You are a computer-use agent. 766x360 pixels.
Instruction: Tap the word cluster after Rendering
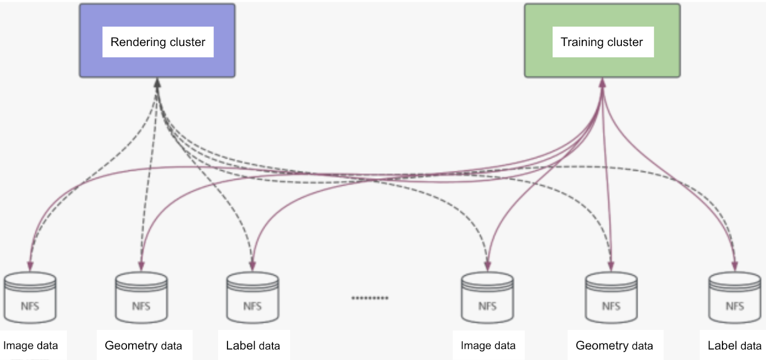tap(187, 42)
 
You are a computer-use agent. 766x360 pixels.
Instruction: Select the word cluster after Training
tap(625, 42)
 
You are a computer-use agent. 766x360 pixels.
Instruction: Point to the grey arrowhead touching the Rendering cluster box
tap(157, 83)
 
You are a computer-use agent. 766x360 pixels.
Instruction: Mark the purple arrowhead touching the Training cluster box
tap(602, 83)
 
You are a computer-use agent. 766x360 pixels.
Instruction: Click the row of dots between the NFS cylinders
tap(370, 298)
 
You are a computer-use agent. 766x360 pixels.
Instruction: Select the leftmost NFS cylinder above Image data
tap(30, 298)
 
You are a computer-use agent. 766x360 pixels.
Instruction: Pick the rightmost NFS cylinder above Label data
tap(734, 298)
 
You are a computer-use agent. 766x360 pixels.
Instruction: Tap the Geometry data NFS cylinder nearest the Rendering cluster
tap(141, 298)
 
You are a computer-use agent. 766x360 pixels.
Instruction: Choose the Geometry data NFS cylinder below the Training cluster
tap(611, 298)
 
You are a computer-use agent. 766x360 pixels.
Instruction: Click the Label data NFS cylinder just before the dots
tap(252, 298)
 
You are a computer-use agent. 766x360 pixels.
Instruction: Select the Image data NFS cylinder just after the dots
tap(487, 298)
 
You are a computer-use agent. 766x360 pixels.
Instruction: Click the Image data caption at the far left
tap(31, 346)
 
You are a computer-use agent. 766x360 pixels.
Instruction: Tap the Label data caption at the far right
tap(734, 346)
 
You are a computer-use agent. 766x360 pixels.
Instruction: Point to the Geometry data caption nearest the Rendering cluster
tap(143, 346)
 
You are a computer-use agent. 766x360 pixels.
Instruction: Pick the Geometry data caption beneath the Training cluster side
tap(614, 346)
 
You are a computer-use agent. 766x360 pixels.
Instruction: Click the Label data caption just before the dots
tap(253, 346)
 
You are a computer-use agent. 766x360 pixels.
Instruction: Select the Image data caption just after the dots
tap(488, 346)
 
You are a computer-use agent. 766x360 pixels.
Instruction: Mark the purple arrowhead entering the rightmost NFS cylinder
tap(734, 266)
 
